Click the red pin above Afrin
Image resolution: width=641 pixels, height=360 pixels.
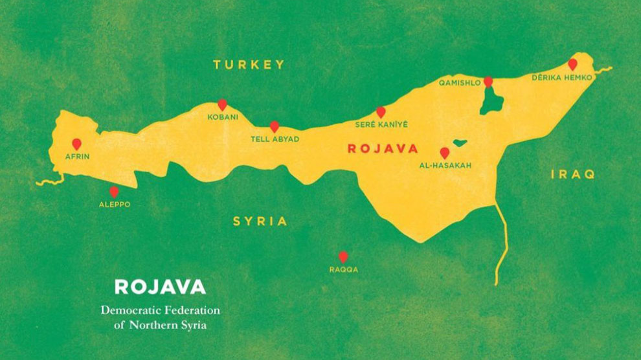pyautogui.click(x=76, y=144)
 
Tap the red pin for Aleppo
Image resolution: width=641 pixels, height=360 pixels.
pyautogui.click(x=114, y=192)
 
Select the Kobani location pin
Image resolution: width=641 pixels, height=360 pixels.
pyautogui.click(x=222, y=104)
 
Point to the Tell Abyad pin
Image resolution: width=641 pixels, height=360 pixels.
pyautogui.click(x=275, y=126)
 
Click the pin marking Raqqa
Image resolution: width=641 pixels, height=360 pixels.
pyautogui.click(x=343, y=256)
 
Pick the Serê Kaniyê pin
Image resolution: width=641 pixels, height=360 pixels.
pyautogui.click(x=381, y=112)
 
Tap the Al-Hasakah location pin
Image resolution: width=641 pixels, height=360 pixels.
pyautogui.click(x=444, y=153)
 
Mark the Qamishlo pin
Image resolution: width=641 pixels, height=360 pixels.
pyautogui.click(x=488, y=82)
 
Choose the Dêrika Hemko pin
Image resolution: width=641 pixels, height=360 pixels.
pyautogui.click(x=572, y=64)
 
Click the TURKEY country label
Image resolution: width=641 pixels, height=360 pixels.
pyautogui.click(x=249, y=64)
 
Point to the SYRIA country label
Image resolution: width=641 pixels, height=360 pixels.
pyautogui.click(x=260, y=221)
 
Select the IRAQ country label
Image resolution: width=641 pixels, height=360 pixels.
pyautogui.click(x=572, y=174)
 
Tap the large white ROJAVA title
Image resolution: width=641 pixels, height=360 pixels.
pyautogui.click(x=160, y=287)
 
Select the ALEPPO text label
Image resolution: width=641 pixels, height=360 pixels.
pyautogui.click(x=114, y=204)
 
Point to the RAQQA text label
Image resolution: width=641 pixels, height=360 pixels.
pyautogui.click(x=343, y=269)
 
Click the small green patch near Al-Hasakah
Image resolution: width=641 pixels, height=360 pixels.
pyautogui.click(x=460, y=142)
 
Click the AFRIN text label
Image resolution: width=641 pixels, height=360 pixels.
pyautogui.click(x=77, y=157)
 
